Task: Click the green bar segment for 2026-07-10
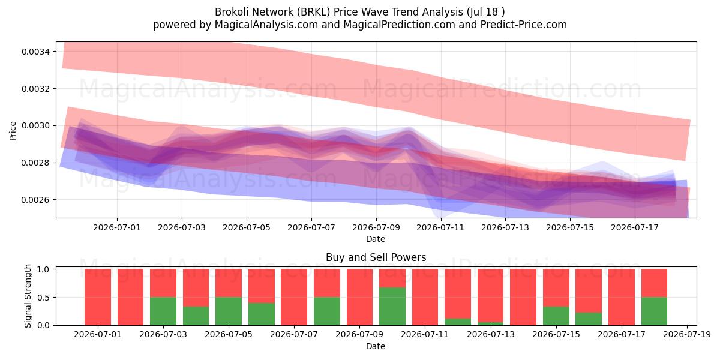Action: [392, 307]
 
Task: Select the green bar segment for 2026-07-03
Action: [163, 311]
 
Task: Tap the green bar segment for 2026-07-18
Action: [654, 311]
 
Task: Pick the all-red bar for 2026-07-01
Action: [98, 297]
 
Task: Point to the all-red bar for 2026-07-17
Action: [622, 297]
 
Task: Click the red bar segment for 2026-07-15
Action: [556, 287]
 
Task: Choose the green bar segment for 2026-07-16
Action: [589, 319]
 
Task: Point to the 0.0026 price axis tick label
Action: [35, 200]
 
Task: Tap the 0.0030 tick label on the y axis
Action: [35, 125]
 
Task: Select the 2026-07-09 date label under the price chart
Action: [376, 227]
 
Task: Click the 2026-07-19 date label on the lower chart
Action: [687, 335]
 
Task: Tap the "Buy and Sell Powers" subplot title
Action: [376, 257]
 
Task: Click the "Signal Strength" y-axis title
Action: [28, 296]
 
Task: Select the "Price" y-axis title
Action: [13, 131]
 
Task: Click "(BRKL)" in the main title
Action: [313, 12]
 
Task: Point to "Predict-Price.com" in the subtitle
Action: [524, 25]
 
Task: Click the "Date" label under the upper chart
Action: [376, 239]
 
